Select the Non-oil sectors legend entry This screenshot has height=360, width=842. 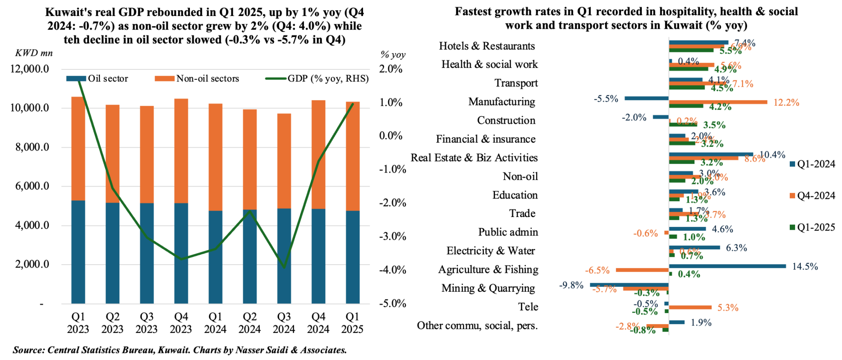[197, 78]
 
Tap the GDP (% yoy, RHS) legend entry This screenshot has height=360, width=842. [317, 78]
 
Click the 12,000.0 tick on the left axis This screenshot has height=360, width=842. [30, 69]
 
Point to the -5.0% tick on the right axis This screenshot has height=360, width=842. [392, 304]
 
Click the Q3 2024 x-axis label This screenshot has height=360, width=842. [284, 323]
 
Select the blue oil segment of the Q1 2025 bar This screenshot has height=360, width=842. [352, 257]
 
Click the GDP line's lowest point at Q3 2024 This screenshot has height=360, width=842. [284, 268]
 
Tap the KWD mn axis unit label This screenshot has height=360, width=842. [34, 53]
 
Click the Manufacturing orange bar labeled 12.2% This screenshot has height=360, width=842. [718, 102]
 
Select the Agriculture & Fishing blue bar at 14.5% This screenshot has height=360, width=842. [727, 266]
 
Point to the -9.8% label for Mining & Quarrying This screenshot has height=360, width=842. [571, 285]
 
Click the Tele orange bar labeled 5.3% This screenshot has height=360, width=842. [690, 307]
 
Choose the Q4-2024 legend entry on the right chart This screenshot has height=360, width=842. [812, 196]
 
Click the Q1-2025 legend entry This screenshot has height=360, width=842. [812, 227]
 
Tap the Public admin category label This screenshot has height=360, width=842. [508, 232]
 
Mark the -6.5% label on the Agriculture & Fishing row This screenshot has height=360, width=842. [597, 270]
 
